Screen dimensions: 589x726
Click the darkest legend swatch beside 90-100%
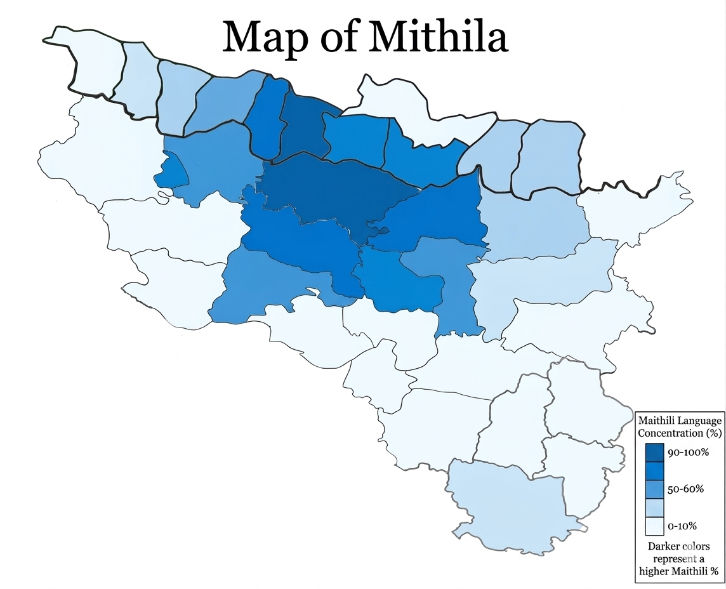click(654, 453)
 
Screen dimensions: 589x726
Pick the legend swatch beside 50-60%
click(654, 489)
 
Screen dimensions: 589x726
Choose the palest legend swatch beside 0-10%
click(654, 526)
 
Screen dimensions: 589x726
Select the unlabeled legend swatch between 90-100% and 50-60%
click(654, 471)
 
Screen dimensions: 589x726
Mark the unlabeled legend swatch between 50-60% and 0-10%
click(654, 508)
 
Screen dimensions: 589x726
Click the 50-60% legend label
click(685, 489)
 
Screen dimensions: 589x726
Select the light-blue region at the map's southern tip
click(508, 501)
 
